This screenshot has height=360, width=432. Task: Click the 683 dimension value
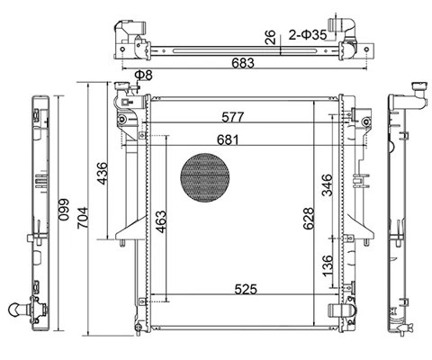[x=243, y=63]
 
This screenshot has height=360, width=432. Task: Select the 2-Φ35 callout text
[x=308, y=35]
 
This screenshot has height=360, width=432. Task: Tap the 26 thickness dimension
[x=270, y=37]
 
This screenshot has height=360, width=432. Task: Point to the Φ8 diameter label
[x=143, y=76]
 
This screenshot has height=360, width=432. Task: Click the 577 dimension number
[x=233, y=117]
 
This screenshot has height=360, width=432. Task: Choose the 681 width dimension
[x=228, y=139]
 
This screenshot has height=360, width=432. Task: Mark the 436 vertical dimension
[x=102, y=174]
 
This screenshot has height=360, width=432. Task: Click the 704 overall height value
[x=83, y=218]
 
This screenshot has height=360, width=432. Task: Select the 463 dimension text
[x=161, y=222]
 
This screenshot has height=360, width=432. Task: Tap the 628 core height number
[x=308, y=219]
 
